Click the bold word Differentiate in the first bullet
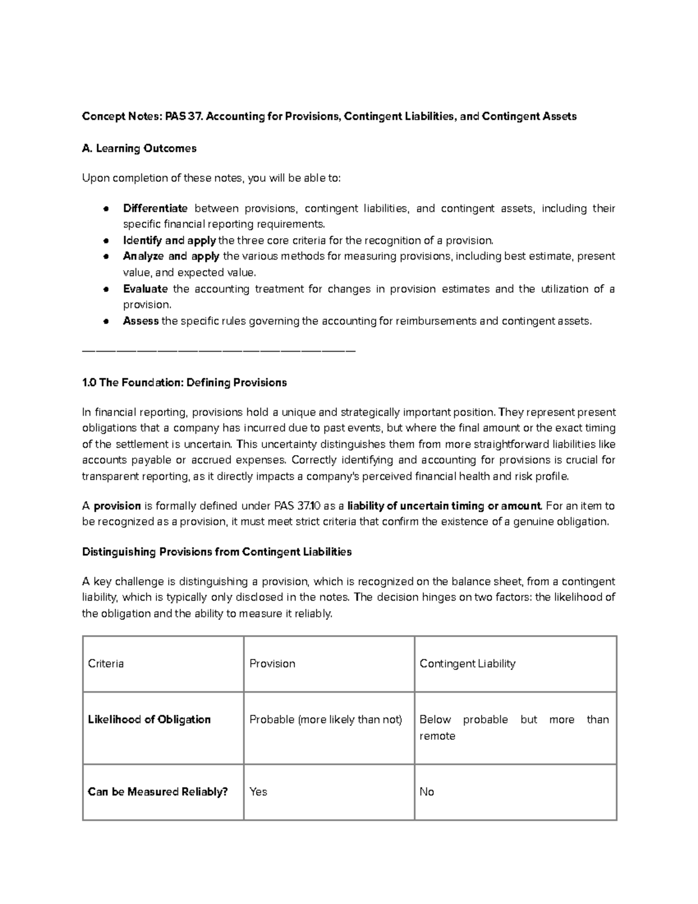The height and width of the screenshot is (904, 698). coord(155,208)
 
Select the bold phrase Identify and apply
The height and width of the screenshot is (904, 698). coord(169,240)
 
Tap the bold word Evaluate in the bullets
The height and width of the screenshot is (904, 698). coord(145,289)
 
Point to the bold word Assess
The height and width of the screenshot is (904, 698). coord(141,321)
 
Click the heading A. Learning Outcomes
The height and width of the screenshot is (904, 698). coord(139,148)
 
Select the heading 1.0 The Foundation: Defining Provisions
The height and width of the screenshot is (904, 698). coord(184,382)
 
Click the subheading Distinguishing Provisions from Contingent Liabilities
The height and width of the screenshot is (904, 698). coord(216,552)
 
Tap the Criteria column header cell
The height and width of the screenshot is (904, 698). coord(106,664)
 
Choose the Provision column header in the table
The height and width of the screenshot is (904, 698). coord(272,664)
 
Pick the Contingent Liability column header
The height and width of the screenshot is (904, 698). coord(467,664)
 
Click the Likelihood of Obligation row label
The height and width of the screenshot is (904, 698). coord(149,719)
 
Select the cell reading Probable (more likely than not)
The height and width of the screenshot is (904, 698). coord(326,719)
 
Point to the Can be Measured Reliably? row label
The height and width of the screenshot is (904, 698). coord(157,792)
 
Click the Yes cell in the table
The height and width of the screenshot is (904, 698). coord(258,792)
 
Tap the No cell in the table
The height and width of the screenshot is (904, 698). coord(427,792)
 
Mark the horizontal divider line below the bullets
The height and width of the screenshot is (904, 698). coord(219,351)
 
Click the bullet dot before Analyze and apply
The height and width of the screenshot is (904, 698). coord(106,257)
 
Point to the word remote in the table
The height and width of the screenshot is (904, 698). coord(437,736)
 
